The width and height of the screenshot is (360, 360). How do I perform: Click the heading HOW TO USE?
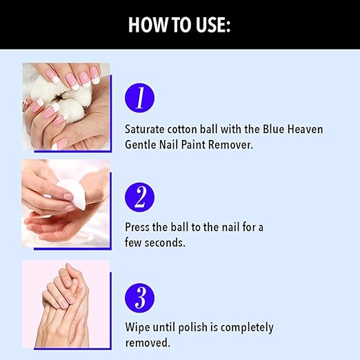pyautogui.click(x=179, y=25)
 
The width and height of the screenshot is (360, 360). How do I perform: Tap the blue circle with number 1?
pyautogui.click(x=139, y=98)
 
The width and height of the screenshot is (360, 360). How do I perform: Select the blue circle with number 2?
pyautogui.click(x=139, y=197)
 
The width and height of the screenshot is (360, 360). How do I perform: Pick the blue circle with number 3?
pyautogui.click(x=139, y=298)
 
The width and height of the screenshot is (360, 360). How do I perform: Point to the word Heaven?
pyautogui.click(x=305, y=129)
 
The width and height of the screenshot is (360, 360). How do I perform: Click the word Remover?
pyautogui.click(x=230, y=145)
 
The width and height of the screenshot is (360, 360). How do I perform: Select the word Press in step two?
pyautogui.click(x=137, y=227)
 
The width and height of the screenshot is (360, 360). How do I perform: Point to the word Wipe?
pyautogui.click(x=137, y=327)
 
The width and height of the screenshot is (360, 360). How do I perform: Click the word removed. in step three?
pyautogui.click(x=148, y=343)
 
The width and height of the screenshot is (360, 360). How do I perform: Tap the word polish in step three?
pyautogui.click(x=192, y=328)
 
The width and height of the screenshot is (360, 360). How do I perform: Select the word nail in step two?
pyautogui.click(x=230, y=227)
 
